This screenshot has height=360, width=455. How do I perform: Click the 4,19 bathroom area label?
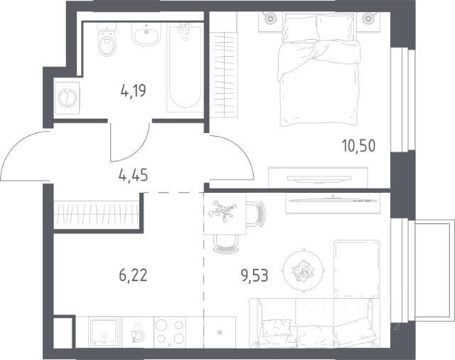(133, 91)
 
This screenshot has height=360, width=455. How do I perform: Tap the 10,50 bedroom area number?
(358, 145)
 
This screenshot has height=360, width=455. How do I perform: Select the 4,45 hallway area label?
(133, 175)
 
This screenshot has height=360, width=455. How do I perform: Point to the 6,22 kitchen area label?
(133, 275)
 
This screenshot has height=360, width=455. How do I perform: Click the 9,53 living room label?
(255, 275)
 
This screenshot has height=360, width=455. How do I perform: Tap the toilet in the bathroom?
(107, 40)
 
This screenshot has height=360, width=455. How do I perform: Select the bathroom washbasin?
(146, 34)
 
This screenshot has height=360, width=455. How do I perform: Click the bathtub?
(185, 68)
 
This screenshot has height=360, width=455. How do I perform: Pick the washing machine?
(67, 97)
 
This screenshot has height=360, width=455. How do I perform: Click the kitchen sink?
(105, 332)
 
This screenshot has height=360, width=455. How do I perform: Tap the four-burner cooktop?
(170, 332)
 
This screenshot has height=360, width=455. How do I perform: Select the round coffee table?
(304, 270)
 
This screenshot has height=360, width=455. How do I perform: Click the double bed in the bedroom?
(318, 69)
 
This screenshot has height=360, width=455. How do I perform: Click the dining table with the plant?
(225, 213)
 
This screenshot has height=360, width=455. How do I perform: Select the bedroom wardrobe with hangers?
(224, 74)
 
